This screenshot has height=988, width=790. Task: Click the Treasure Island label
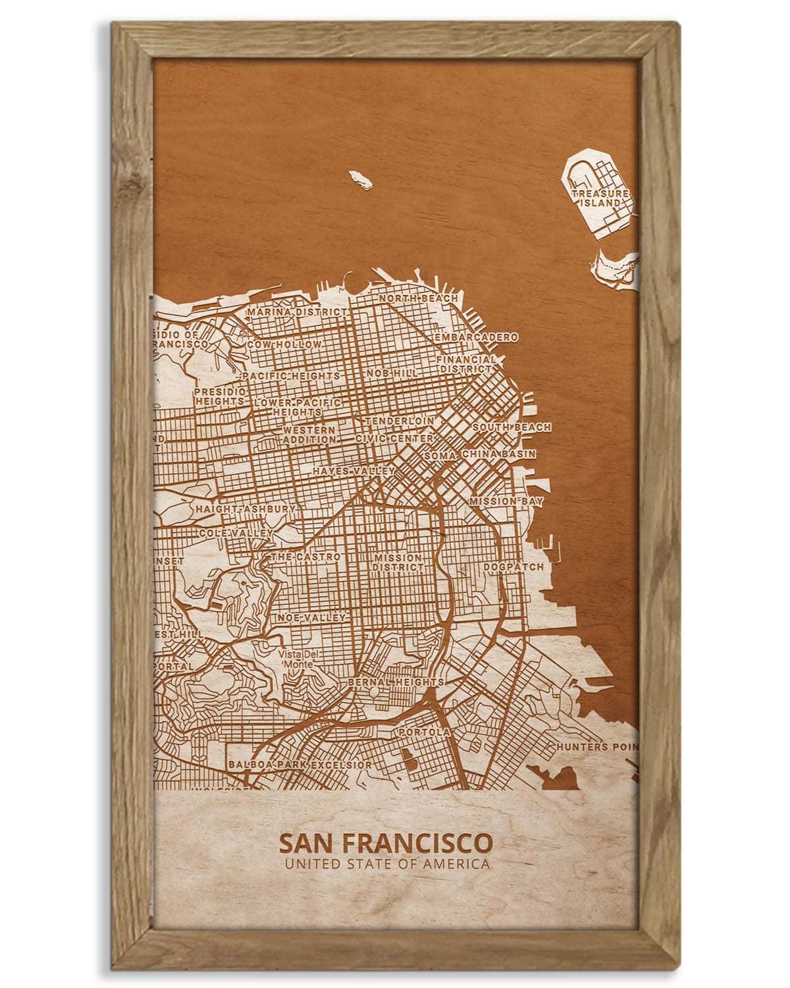click(599, 198)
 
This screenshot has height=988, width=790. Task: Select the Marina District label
click(296, 312)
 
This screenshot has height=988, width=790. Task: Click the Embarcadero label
click(475, 337)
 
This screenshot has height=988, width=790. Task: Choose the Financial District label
click(466, 364)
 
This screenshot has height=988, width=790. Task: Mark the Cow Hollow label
click(284, 344)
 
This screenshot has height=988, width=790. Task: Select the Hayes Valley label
click(354, 472)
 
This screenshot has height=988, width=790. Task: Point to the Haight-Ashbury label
click(245, 510)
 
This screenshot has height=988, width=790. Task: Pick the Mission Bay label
click(506, 502)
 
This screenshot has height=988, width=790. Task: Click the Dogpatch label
click(513, 566)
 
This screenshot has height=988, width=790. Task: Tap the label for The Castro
click(306, 557)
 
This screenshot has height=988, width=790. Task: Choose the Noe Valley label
click(311, 618)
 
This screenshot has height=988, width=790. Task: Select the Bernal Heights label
click(396, 681)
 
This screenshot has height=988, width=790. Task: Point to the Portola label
click(424, 732)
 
